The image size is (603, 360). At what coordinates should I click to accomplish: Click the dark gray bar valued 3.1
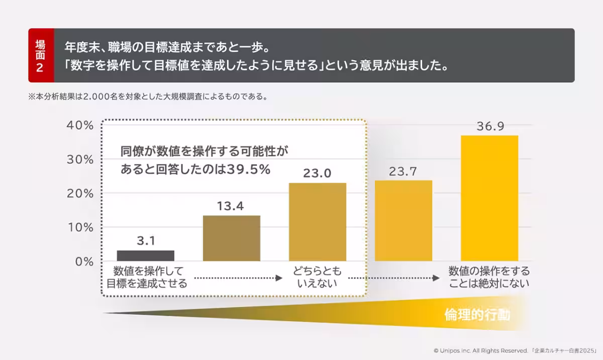pos(145,255)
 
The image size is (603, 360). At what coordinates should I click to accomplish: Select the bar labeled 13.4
pos(231,238)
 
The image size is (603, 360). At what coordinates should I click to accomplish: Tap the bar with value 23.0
pos(317,222)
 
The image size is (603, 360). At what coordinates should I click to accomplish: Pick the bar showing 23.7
pos(404,221)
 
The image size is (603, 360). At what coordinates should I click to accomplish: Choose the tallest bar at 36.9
pos(489,198)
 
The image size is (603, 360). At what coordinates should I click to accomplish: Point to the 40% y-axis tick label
pos(80,125)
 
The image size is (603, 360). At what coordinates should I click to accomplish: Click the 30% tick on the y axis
pos(80,159)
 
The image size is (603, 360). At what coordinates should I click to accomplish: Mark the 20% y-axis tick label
pos(80,194)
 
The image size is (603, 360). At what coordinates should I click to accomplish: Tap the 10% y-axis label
pos(80,227)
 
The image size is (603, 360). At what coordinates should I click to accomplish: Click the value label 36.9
pos(490,126)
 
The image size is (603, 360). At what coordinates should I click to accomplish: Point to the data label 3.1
pos(145,241)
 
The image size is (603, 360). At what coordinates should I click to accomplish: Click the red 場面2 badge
pos(41,55)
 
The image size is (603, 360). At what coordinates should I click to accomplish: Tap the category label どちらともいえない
pos(317,278)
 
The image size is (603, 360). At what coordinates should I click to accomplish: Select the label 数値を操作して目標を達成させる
pos(146,278)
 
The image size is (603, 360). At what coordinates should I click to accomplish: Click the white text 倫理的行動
pos(477,315)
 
